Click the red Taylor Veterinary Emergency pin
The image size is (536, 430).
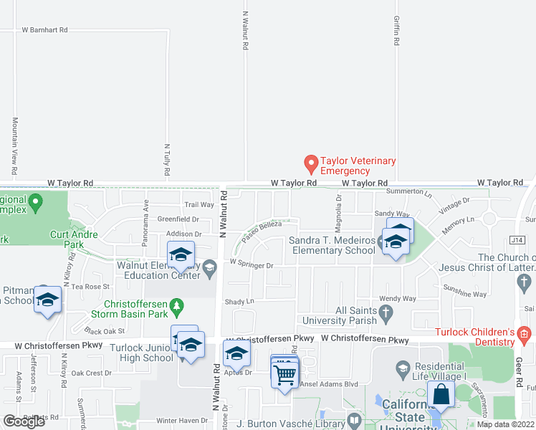click(311, 164)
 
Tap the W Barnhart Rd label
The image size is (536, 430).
click(44, 30)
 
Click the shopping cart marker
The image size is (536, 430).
click(285, 373)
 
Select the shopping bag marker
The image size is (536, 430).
click(440, 395)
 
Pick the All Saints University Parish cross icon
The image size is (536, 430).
click(386, 312)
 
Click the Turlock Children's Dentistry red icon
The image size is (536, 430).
click(524, 333)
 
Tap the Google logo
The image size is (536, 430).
click(24, 421)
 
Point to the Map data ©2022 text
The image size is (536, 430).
click(504, 424)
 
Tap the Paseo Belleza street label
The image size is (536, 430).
click(261, 229)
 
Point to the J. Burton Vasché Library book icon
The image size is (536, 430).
click(353, 419)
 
